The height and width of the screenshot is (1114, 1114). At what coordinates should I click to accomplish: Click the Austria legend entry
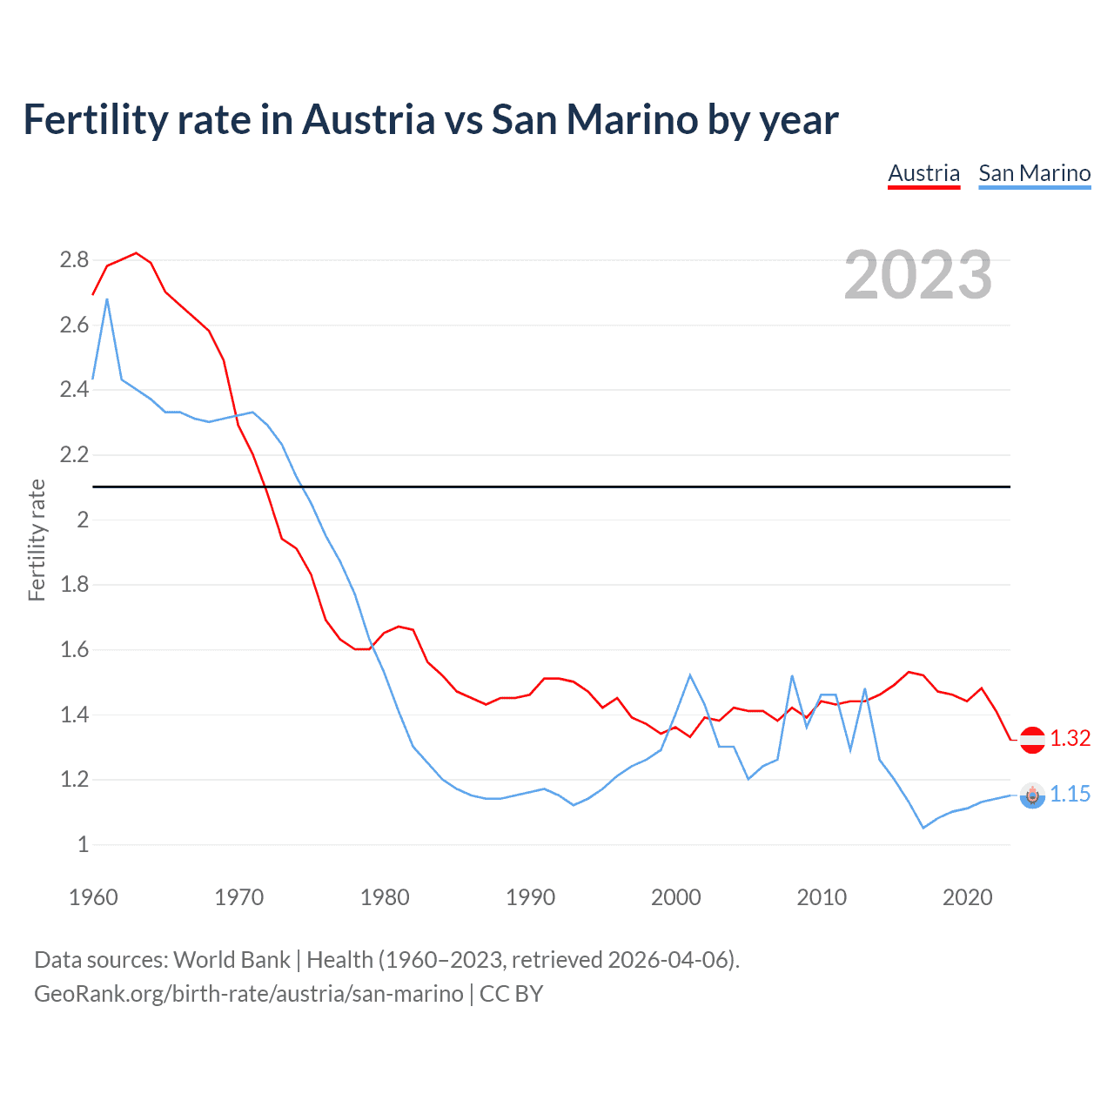coord(923,173)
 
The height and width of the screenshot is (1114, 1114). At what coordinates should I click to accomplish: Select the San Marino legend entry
coord(1034,173)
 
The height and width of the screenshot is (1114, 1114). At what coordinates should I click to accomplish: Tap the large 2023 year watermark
coord(918,275)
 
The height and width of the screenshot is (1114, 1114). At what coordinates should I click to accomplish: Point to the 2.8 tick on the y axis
coord(74,259)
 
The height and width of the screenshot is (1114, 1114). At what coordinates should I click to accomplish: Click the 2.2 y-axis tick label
coord(74,454)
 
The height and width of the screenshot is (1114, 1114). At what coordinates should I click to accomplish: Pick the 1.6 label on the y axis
coord(74,649)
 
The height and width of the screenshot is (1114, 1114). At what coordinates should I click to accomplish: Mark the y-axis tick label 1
coord(83,844)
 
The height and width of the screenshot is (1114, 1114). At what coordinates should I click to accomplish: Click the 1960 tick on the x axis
coord(93,897)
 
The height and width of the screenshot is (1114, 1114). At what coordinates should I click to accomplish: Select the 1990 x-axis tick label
coord(530,897)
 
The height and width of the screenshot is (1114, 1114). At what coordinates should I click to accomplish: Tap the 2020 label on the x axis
coord(967,897)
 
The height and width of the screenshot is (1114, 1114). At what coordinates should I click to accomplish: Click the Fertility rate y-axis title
coord(37,540)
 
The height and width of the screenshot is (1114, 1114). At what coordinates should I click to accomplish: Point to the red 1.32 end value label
coord(1070,738)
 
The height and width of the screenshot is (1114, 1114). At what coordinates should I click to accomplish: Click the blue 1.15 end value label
coord(1070,794)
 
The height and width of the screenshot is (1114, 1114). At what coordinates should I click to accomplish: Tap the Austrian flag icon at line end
coord(1032,739)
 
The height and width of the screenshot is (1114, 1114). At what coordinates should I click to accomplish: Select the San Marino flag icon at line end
coord(1032,795)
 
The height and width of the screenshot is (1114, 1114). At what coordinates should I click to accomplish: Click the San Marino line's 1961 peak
coord(107,299)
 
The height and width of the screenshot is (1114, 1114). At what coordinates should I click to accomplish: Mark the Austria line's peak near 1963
coord(136,253)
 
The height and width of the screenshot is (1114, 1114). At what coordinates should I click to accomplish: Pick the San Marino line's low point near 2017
coord(923,828)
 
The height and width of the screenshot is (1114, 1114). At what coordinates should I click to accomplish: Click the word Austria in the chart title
coord(368,119)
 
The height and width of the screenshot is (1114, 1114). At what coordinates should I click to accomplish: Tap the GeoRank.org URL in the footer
coord(249,994)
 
